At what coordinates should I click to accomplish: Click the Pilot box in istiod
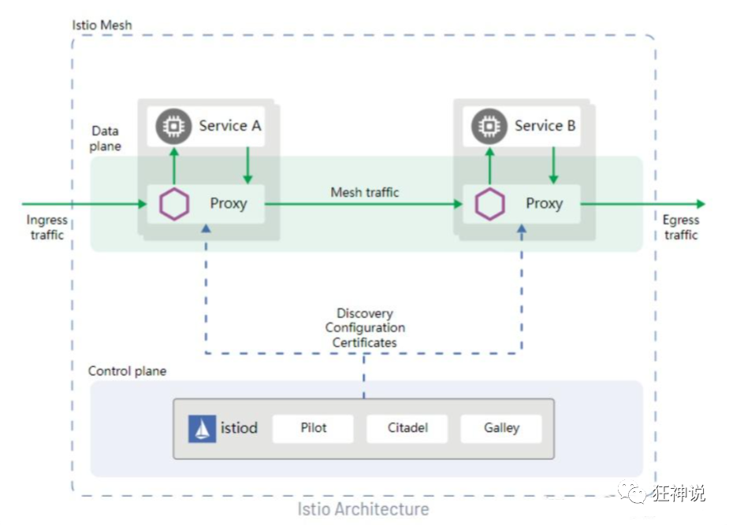coord(314,428)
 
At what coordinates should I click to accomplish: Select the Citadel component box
coord(407,428)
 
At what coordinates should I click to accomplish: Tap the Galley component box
coord(501,428)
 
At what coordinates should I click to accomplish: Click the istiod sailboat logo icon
coord(203,429)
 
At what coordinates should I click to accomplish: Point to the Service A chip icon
coord(173,126)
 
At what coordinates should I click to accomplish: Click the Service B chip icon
coord(489,126)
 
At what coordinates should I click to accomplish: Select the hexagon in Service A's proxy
coord(174,204)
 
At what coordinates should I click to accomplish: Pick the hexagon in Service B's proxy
coord(490,204)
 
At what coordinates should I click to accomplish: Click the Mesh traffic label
coord(365,192)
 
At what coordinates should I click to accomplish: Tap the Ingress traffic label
coord(47,227)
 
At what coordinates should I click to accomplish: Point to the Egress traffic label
coord(681,227)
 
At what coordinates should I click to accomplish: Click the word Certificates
coord(364,342)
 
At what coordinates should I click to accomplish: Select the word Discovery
coord(364,313)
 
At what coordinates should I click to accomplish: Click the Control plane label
coord(127,371)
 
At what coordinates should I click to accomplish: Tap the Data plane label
coord(106,139)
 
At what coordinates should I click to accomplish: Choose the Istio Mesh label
coord(102,24)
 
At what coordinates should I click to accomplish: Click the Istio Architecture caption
coord(363,508)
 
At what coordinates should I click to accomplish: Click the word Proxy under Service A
coord(229,203)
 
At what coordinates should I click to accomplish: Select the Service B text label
coord(545,125)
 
